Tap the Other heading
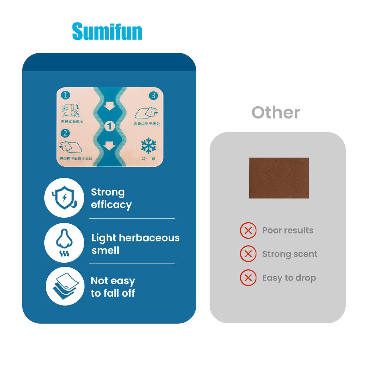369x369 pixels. coord(276,112)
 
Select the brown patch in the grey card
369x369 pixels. coord(279,178)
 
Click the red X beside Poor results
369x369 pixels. coord(248,231)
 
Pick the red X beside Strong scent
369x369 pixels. coord(248,254)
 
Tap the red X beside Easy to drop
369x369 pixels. coord(248,277)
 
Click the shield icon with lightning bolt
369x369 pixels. coord(64,198)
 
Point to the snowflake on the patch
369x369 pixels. coord(148,146)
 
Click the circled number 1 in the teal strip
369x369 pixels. coord(110,127)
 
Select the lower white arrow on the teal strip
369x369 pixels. coord(110,146)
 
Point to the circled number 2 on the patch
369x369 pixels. coord(65,132)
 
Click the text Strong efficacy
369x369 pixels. coord(111,198)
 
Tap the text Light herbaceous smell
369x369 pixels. coord(135,244)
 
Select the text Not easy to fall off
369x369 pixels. coord(113,287)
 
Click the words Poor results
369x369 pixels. coord(287,231)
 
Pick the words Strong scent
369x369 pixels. coord(290,254)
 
